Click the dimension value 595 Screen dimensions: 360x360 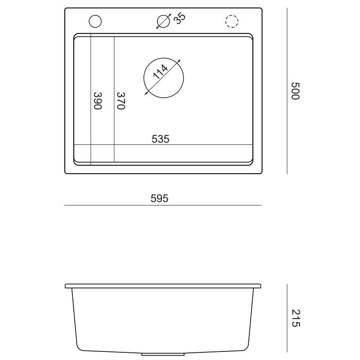click(x=159, y=198)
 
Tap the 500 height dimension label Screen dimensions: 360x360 click(x=295, y=91)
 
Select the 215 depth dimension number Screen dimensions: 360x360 click(x=296, y=318)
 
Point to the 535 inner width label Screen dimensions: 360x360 click(x=161, y=139)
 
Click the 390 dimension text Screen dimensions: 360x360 click(x=98, y=101)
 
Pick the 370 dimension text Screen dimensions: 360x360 click(x=121, y=101)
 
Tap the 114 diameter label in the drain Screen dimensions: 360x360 click(x=160, y=72)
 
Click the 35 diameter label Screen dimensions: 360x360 click(x=179, y=18)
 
